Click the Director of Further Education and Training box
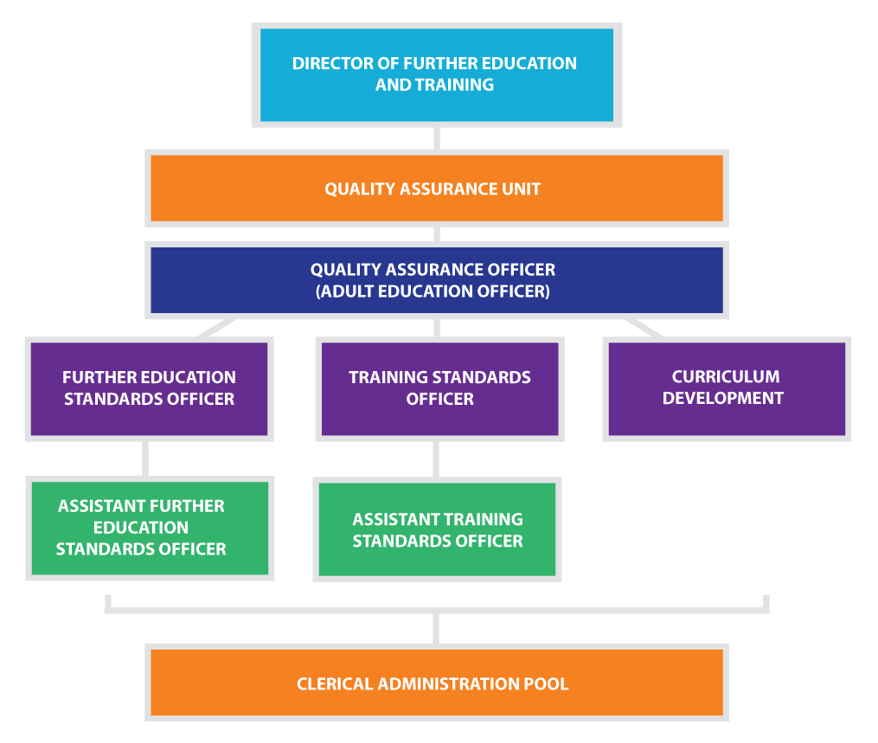point(437,74)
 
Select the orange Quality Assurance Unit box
point(437,189)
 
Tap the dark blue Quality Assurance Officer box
point(437,280)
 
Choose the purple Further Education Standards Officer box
point(149,388)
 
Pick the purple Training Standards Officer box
point(439,388)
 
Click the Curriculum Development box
point(727,388)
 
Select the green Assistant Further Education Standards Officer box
point(150,528)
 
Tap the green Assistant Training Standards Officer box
point(437,529)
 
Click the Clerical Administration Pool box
point(437,683)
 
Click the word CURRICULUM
point(725,377)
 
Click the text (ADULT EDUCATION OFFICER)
point(433,291)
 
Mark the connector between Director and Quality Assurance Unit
point(437,138)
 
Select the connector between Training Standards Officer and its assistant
point(437,458)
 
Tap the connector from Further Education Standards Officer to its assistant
point(145,458)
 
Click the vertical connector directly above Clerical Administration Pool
point(437,627)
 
